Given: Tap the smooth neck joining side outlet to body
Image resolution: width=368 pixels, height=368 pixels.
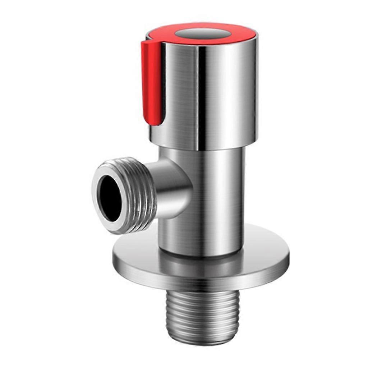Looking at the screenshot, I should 172,187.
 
